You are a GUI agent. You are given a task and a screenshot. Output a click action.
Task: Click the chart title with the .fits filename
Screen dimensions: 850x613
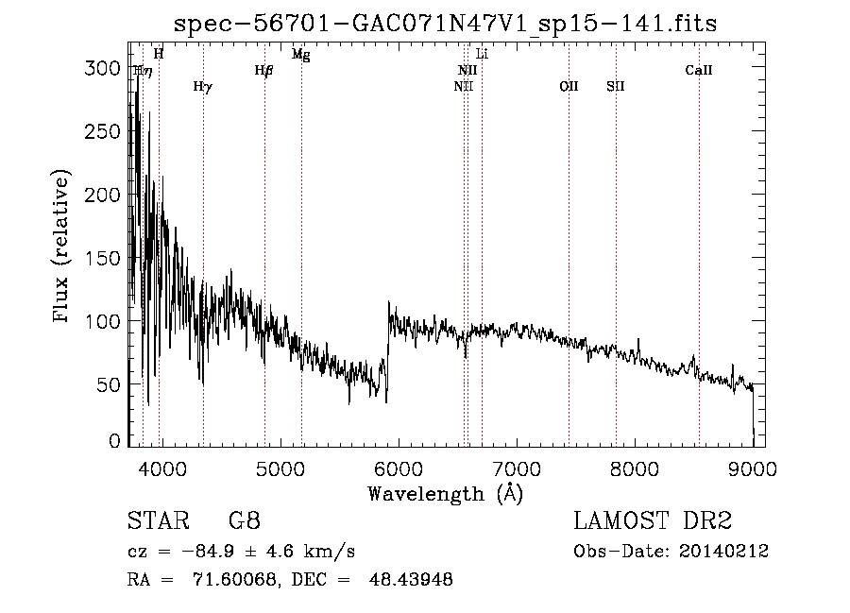(x=445, y=24)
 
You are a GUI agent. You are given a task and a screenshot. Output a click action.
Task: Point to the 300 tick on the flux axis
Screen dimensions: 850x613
(x=102, y=68)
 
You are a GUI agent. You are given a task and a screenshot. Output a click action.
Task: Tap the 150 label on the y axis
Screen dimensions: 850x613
(x=102, y=258)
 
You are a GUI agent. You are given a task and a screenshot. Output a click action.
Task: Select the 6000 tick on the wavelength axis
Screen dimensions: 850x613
(x=399, y=469)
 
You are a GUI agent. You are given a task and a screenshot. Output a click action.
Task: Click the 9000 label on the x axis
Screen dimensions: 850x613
(x=753, y=469)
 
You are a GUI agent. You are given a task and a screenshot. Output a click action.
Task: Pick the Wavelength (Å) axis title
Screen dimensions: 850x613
(x=445, y=494)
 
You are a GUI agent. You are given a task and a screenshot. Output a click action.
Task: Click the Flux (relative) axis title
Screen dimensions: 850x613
(x=60, y=246)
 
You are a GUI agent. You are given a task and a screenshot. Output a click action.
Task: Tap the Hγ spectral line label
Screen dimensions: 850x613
(x=203, y=87)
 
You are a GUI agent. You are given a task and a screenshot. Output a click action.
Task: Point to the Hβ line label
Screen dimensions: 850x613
(x=264, y=71)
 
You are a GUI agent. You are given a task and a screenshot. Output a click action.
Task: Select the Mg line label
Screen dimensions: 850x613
(x=301, y=54)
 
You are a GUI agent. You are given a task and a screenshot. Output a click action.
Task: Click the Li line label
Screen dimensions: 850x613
(x=482, y=54)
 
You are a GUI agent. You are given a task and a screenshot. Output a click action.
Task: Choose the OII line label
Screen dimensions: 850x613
(x=569, y=86)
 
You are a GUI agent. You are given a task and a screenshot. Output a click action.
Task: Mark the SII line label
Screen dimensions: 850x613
(x=615, y=86)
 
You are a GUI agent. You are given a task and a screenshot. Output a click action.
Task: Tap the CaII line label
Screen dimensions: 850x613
(x=698, y=70)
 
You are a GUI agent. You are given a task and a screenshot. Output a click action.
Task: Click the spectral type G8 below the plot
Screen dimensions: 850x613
(x=245, y=520)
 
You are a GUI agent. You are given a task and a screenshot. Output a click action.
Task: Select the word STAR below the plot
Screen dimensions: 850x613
(x=159, y=520)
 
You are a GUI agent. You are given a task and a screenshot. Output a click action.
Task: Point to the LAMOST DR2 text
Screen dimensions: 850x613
(x=653, y=520)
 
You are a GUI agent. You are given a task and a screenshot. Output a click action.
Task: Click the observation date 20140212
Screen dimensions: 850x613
(x=723, y=552)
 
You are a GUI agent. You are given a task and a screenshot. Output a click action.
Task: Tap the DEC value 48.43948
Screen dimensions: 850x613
(x=411, y=580)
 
